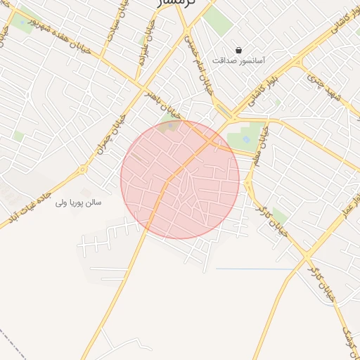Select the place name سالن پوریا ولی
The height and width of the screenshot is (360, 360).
pyautogui.click(x=79, y=202)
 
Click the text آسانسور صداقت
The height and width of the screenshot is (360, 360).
pyautogui.click(x=238, y=61)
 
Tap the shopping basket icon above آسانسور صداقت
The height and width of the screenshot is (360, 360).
pyautogui.click(x=239, y=51)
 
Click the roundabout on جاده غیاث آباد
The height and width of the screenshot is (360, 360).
pyautogui.click(x=82, y=169)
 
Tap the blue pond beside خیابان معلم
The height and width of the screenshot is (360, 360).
pyautogui.click(x=247, y=139)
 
